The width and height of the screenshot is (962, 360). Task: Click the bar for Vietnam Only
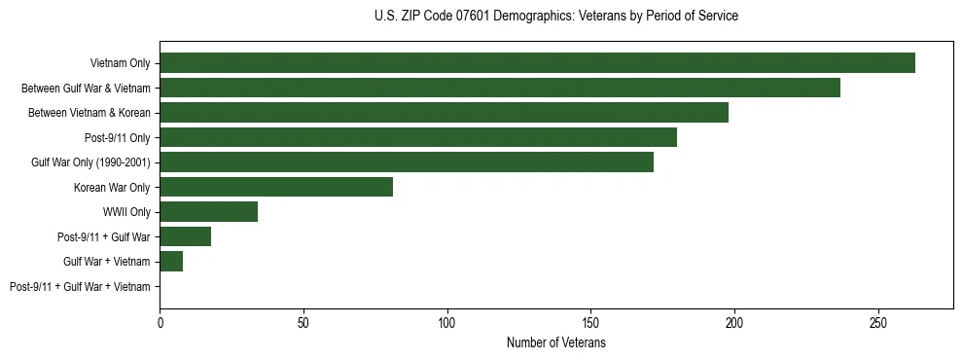tap(537, 62)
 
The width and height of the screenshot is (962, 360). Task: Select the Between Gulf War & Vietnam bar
tap(500, 88)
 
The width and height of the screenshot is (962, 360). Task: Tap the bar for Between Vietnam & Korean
tap(444, 112)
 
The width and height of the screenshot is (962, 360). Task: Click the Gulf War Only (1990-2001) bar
tap(407, 162)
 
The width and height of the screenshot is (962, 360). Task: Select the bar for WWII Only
tap(208, 211)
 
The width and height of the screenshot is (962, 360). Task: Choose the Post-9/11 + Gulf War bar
tap(185, 236)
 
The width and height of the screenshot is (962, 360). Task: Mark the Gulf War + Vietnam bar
tap(171, 261)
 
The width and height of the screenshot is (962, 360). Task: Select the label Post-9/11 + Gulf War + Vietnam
tap(80, 287)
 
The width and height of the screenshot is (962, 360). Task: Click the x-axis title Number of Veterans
tap(555, 342)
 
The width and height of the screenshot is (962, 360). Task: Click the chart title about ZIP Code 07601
tap(555, 16)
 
